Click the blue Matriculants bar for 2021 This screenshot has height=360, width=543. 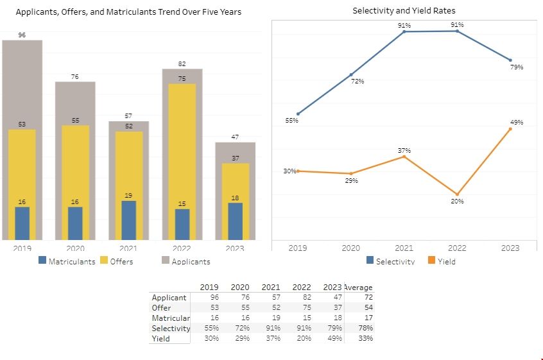tap(129, 220)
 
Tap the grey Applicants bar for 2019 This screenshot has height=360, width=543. tap(22, 83)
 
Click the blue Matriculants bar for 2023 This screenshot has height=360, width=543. tap(236, 221)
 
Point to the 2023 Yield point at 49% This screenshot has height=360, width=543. tap(510, 129)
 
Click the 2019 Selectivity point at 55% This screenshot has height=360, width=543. tap(298, 114)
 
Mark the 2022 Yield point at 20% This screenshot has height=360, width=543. tap(457, 194)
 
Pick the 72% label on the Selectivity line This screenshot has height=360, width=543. tap(358, 81)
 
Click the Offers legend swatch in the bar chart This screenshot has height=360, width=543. tap(105, 261)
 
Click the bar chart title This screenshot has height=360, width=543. tap(128, 12)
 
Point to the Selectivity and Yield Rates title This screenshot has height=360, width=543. tap(404, 11)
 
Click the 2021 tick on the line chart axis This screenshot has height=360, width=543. tap(404, 248)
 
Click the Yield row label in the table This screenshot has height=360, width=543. tap(161, 339)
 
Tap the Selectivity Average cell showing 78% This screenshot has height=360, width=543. tap(366, 329)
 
